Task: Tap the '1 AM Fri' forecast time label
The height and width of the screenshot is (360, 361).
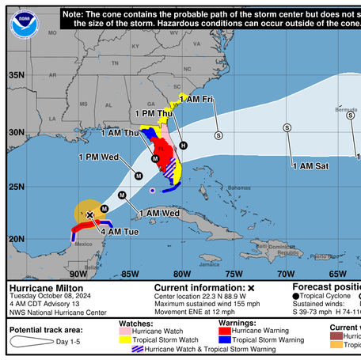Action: (196, 99)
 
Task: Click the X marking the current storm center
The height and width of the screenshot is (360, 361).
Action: (90, 214)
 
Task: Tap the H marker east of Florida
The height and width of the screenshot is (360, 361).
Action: (183, 146)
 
